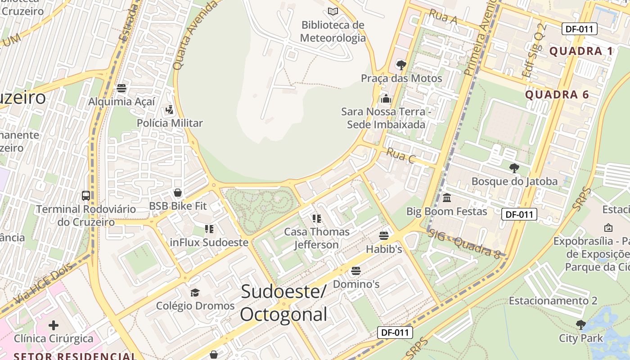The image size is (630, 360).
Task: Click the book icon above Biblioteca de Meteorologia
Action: point(333,12)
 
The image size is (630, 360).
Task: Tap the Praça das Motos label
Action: point(401,78)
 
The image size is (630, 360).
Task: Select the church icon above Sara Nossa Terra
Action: point(386,99)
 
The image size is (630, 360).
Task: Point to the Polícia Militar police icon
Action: point(169,109)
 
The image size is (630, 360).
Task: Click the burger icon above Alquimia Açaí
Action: point(121,88)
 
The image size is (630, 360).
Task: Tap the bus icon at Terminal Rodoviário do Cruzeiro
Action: point(86,196)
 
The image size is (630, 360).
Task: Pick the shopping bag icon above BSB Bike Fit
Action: point(178,193)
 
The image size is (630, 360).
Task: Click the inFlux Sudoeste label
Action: point(209,243)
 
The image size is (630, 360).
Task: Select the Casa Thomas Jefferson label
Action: point(317,238)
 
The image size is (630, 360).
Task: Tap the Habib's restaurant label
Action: point(383,249)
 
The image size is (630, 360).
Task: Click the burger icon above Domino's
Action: point(356,271)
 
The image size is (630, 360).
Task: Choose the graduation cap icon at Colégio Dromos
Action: point(195,292)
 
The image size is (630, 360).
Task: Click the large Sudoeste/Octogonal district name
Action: point(283,303)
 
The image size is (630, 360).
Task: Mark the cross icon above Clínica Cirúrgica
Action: point(54,325)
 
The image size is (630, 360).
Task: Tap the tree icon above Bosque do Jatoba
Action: point(514,168)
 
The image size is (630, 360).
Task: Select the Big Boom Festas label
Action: point(446,211)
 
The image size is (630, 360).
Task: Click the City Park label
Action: point(580,338)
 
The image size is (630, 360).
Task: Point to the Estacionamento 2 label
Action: point(553,301)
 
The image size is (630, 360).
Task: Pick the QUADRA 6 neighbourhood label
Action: point(557,95)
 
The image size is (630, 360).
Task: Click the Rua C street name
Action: point(400,156)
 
